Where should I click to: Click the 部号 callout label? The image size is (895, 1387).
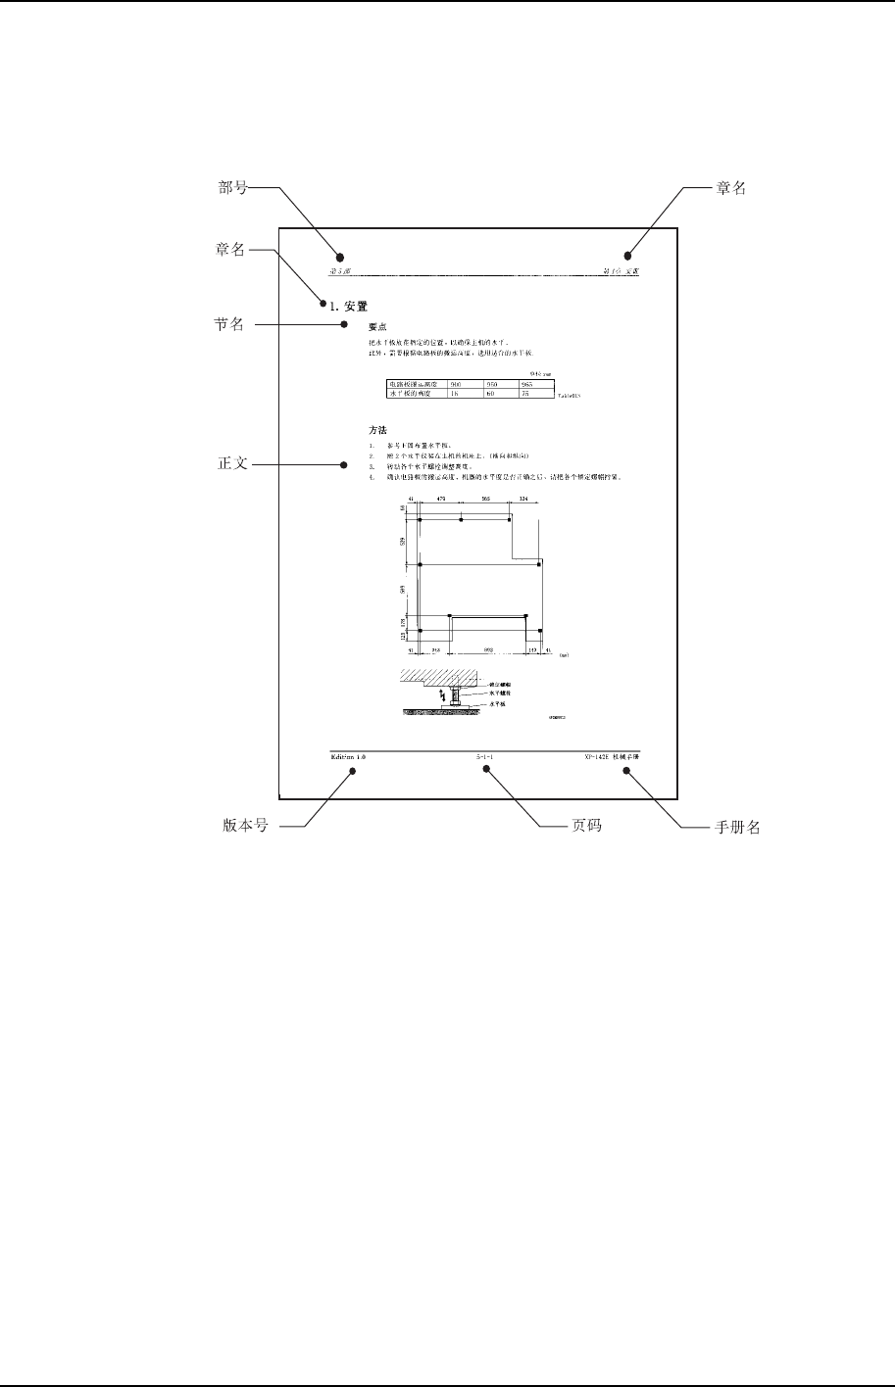pos(232,188)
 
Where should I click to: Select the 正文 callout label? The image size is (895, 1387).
pos(232,464)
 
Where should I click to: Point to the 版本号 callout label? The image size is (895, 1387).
pos(246,827)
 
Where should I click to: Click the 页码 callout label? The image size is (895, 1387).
pos(586,827)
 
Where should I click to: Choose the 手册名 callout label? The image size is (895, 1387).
pos(735,827)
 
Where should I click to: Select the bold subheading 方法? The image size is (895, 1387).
pos(377,430)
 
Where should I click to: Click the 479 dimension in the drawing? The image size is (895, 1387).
pos(441,500)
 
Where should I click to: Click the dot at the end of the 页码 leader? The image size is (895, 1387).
pos(485,771)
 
